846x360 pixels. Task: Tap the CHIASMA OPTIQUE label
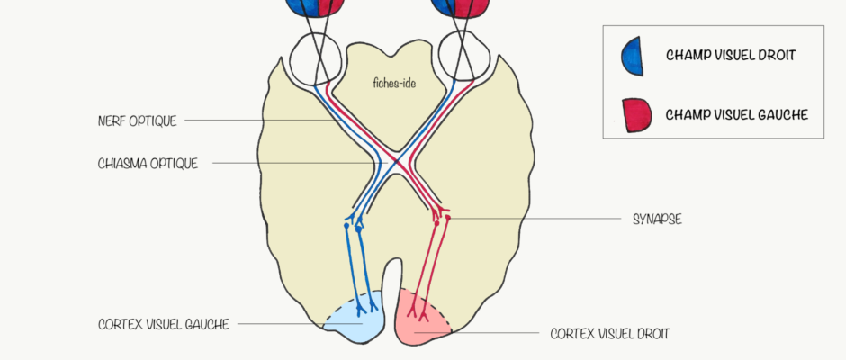click(148, 164)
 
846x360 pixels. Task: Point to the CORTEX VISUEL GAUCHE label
click(164, 324)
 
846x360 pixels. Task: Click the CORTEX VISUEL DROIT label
click(610, 333)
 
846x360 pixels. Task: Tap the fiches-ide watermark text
click(393, 84)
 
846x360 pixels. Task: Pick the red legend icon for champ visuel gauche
click(633, 114)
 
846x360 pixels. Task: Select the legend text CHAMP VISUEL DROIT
click(730, 55)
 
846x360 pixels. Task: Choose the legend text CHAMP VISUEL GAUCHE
click(736, 114)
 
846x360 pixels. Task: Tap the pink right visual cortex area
click(421, 319)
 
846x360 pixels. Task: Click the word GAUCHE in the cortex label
click(207, 324)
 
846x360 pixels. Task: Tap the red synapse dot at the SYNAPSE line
click(447, 218)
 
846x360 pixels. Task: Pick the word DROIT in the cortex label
click(652, 333)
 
